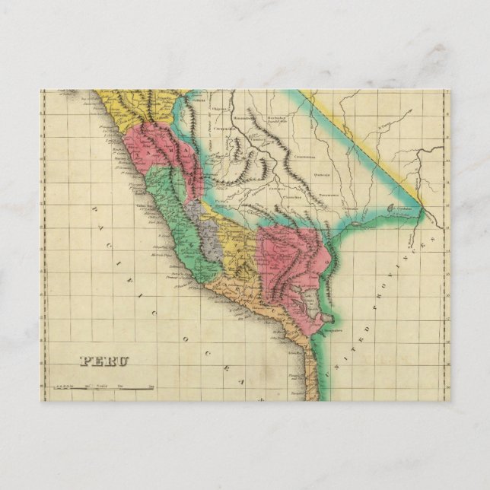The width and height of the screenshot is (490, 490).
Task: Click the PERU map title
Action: tap(105, 361)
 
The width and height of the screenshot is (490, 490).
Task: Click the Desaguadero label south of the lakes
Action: tap(332, 331)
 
